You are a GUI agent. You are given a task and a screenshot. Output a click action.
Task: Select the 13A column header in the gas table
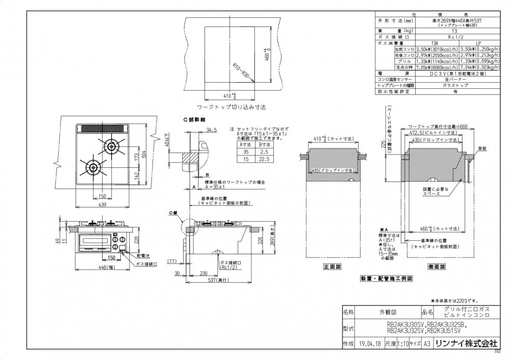tap(435, 43)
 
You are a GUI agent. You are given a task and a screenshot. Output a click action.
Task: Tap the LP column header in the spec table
tap(478, 43)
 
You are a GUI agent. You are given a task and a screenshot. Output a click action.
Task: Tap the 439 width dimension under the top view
tap(101, 205)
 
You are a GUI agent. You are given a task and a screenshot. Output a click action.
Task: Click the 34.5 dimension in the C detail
tap(212, 130)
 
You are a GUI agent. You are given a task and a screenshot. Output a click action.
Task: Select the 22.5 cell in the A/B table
tap(264, 159)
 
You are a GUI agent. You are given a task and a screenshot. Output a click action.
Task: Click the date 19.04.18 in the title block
tap(371, 344)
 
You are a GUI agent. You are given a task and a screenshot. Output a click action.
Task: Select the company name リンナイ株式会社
tap(465, 344)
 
